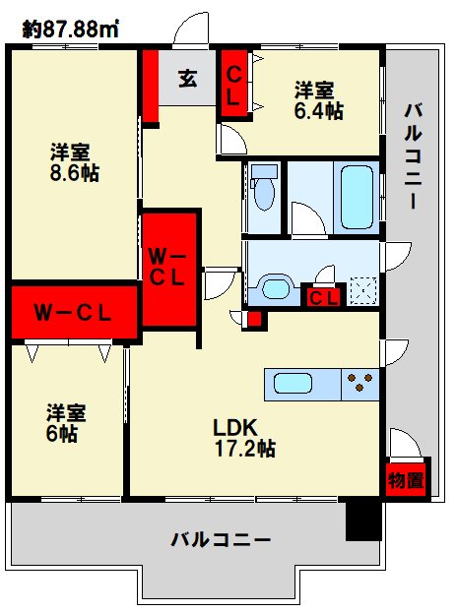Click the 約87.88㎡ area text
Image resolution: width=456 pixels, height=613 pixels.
click(71, 29)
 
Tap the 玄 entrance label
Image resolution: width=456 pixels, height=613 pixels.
click(187, 79)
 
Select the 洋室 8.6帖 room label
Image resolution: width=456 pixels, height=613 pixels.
click(74, 162)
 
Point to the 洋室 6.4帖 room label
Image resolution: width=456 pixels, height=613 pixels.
click(319, 100)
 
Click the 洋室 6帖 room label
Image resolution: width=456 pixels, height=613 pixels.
click(66, 423)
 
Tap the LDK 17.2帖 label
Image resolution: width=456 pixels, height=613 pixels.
click(244, 438)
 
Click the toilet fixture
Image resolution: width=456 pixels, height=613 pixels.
click(265, 187)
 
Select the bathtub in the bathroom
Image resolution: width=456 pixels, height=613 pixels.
click(357, 197)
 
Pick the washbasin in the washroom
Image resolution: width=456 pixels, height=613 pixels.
click(275, 288)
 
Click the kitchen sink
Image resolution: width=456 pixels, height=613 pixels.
click(293, 384)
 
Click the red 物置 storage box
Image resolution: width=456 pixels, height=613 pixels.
click(406, 480)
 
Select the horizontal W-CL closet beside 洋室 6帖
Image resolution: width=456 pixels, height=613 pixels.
click(74, 312)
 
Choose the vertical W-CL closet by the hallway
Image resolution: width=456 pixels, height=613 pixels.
click(168, 269)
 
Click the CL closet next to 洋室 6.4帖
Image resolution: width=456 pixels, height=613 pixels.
click(233, 84)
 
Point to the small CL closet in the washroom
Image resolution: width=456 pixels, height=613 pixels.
click(324, 298)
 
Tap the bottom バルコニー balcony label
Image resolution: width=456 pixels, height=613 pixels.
click(221, 540)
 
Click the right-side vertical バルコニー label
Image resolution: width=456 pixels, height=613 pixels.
click(414, 156)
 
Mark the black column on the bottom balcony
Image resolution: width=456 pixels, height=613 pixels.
click(363, 521)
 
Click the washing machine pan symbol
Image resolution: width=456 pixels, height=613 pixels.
click(362, 291)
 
